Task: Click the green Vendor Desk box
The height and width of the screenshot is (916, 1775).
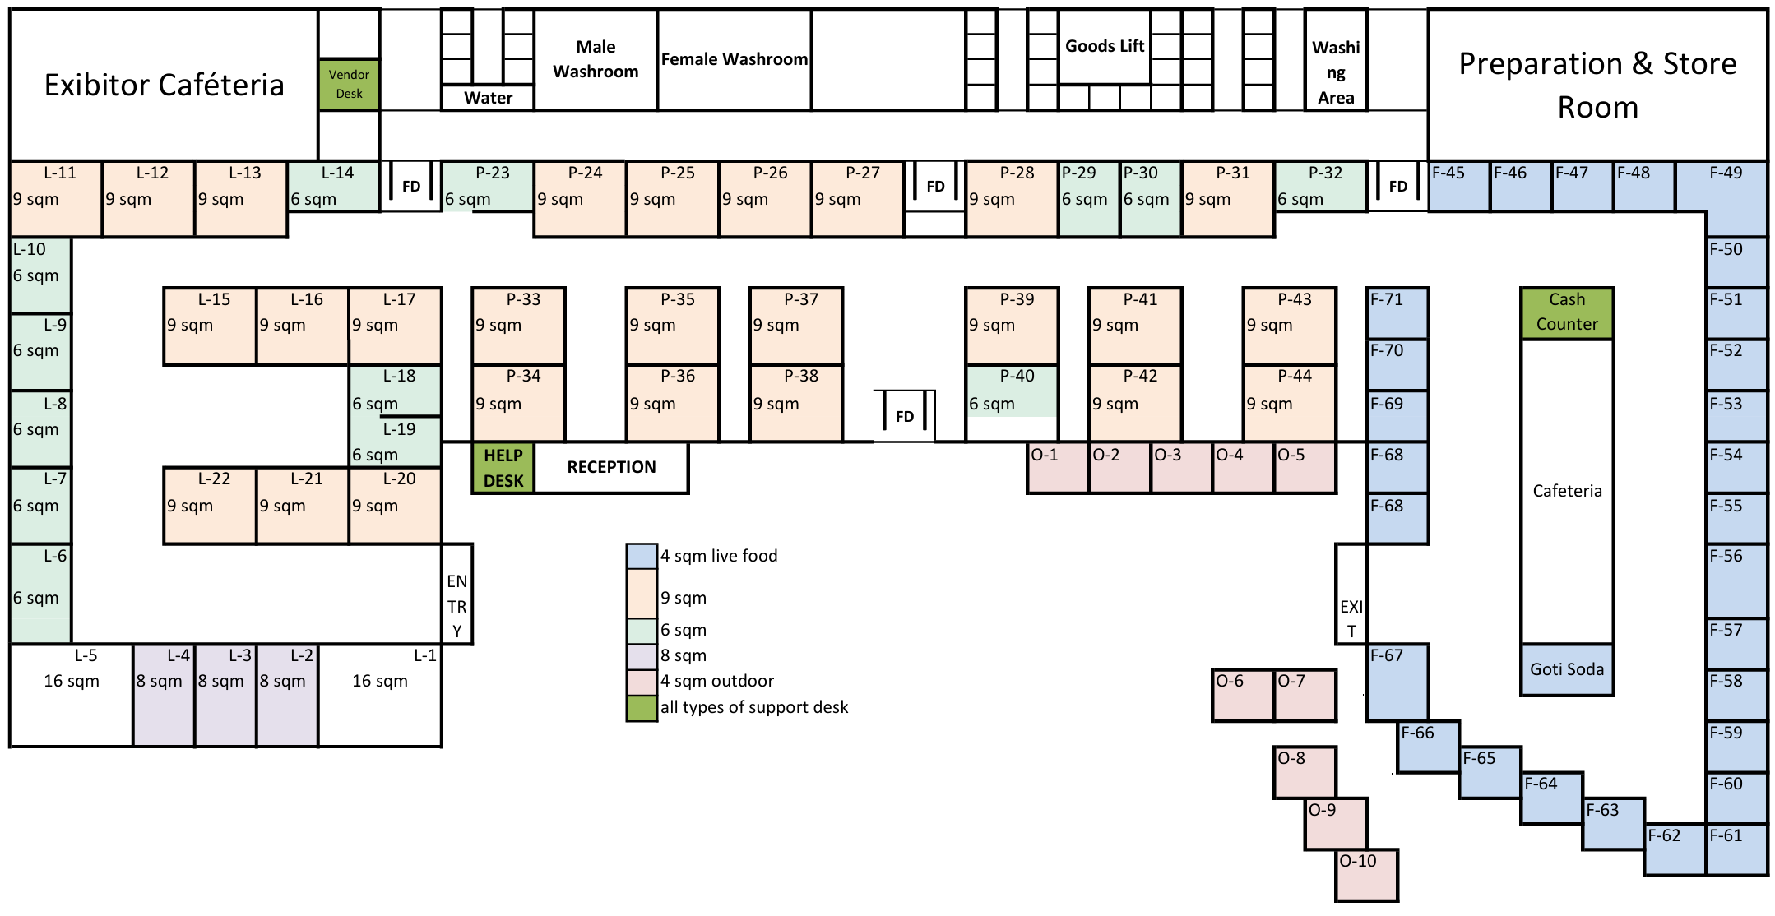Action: click(x=349, y=84)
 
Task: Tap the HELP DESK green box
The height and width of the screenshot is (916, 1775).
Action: click(x=503, y=468)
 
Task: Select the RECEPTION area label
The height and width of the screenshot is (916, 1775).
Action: click(x=611, y=468)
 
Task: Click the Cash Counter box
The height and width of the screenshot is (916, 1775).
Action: click(x=1566, y=312)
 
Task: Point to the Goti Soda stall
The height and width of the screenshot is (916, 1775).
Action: click(x=1566, y=669)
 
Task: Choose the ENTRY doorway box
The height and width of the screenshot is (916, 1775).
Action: click(x=456, y=594)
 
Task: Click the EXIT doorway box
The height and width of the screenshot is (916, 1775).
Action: click(x=1351, y=594)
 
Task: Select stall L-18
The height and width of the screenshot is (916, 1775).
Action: click(x=395, y=390)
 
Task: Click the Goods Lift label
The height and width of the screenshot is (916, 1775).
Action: click(x=1104, y=47)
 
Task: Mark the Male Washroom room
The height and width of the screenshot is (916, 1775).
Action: click(x=596, y=59)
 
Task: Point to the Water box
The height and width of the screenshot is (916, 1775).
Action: click(x=488, y=98)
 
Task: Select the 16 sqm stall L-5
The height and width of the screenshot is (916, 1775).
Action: click(x=72, y=696)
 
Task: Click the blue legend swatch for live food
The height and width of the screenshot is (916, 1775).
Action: click(x=642, y=557)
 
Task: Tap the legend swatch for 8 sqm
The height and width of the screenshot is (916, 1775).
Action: click(x=642, y=656)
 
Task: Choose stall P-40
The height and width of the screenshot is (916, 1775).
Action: click(x=1011, y=391)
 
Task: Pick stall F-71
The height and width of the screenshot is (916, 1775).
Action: click(x=1397, y=312)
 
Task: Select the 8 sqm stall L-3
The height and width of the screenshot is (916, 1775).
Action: click(x=225, y=696)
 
